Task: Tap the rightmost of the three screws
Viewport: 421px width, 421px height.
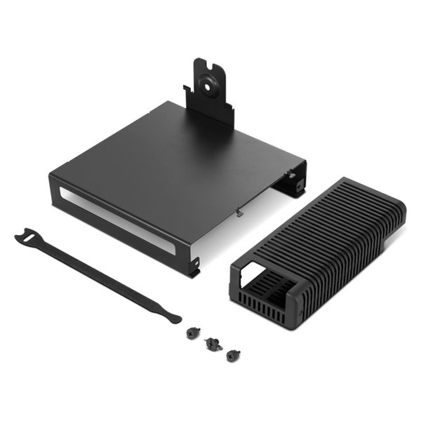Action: [x=233, y=354]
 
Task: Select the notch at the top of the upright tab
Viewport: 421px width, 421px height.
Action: [x=208, y=64]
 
